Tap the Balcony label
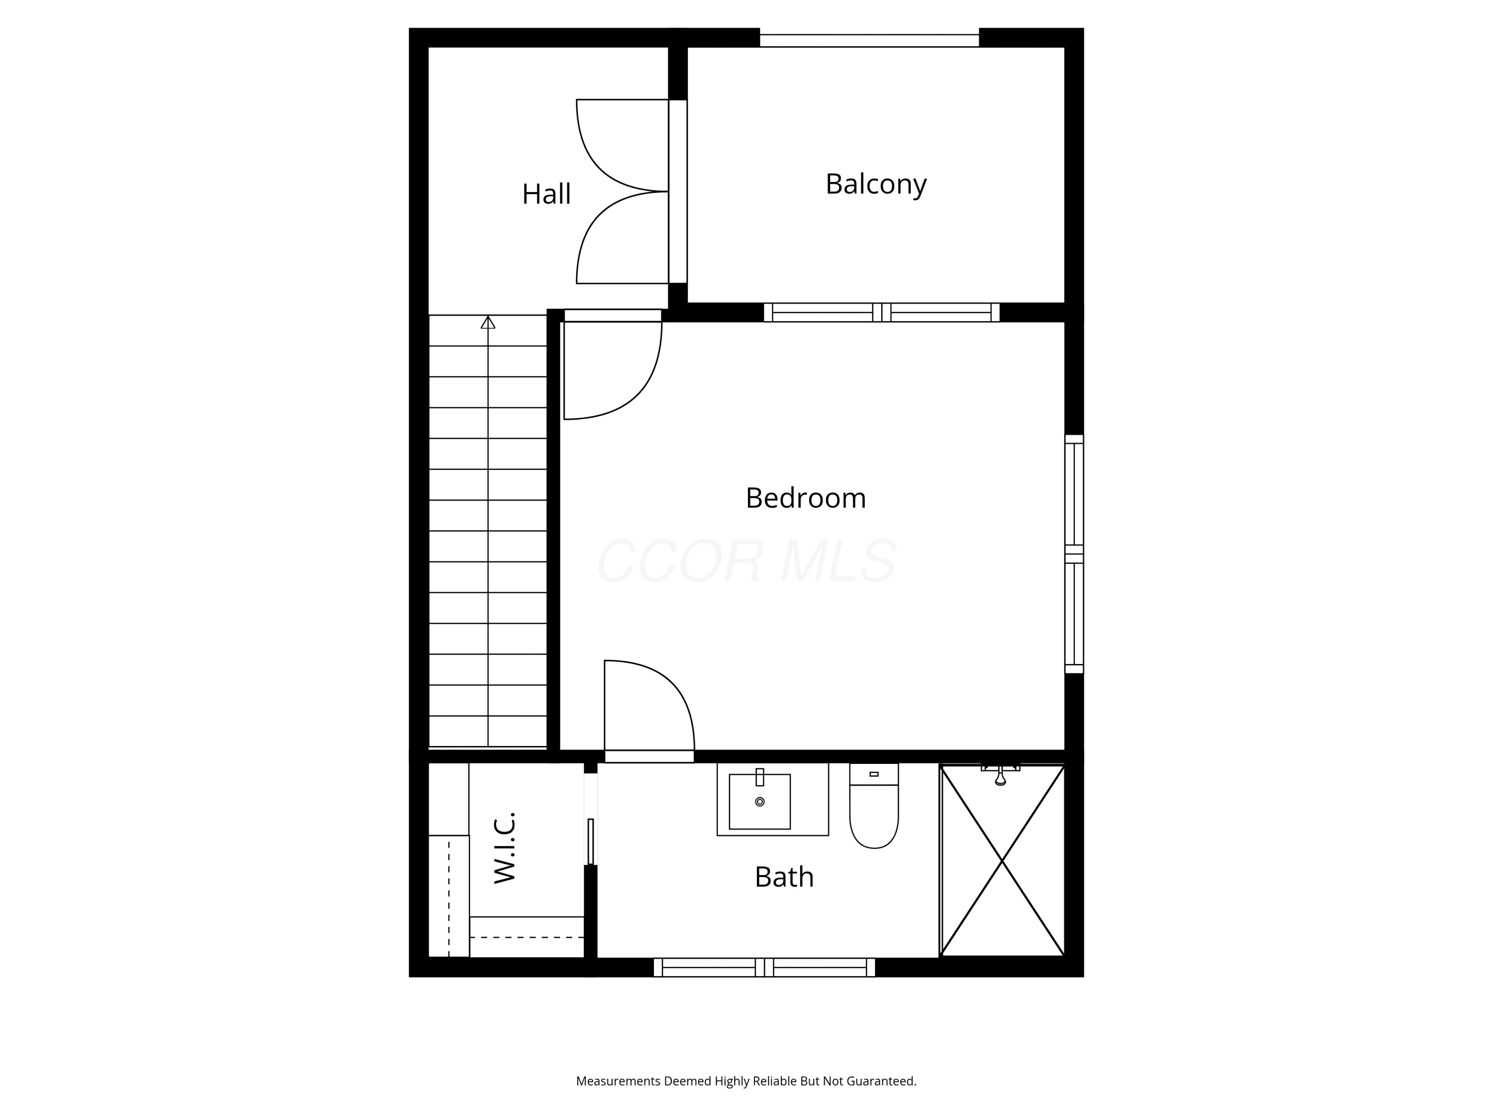click(x=875, y=184)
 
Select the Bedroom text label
click(x=805, y=498)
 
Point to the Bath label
click(x=784, y=877)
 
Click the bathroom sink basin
click(x=759, y=801)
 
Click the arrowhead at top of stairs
click(x=488, y=322)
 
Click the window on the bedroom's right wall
click(x=1074, y=554)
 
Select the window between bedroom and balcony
click(x=881, y=312)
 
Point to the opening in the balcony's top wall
click(x=869, y=40)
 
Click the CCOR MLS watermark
click(x=746, y=561)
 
